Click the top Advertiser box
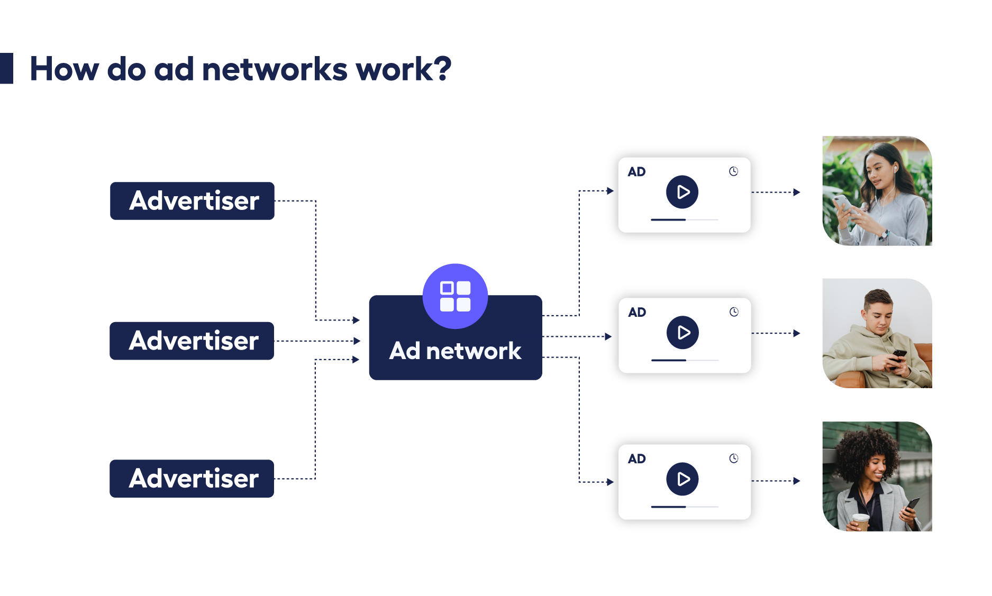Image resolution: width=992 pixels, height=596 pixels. pyautogui.click(x=192, y=201)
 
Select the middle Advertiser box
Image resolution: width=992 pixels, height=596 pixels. pyautogui.click(x=192, y=341)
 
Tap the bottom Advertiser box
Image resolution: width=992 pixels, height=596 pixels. pyautogui.click(x=192, y=479)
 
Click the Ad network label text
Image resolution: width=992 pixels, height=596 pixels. pyautogui.click(x=455, y=351)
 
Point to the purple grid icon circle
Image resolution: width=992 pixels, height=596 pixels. pyautogui.click(x=455, y=296)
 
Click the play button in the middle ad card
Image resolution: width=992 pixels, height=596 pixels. pyautogui.click(x=682, y=333)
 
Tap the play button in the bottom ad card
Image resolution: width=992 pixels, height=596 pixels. pyautogui.click(x=682, y=479)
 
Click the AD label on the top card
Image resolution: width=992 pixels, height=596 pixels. pyautogui.click(x=636, y=172)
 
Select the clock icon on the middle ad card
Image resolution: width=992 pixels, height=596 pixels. pyautogui.click(x=734, y=312)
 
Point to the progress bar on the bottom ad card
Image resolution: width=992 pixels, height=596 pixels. pyautogui.click(x=684, y=507)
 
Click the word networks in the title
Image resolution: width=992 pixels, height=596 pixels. pyautogui.click(x=275, y=69)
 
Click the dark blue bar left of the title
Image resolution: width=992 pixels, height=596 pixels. pyautogui.click(x=6, y=68)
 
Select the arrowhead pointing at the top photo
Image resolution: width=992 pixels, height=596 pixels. pyautogui.click(x=797, y=192)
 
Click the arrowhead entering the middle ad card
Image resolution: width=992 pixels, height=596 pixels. pyautogui.click(x=608, y=336)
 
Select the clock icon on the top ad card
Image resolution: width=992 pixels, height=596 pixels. pyautogui.click(x=733, y=171)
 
